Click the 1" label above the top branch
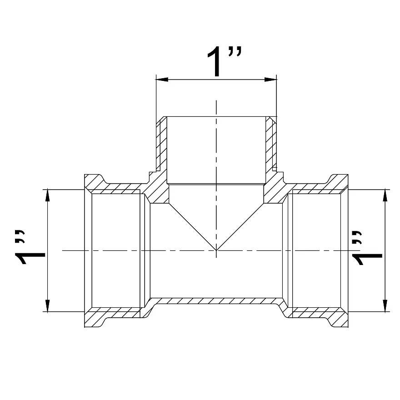click(224, 61)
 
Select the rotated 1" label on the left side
click(30, 247)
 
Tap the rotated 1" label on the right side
click(367, 248)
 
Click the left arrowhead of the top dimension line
click(162, 80)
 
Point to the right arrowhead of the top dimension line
click(270, 80)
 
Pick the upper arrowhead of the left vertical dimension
click(47, 196)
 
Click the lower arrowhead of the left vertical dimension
click(47, 305)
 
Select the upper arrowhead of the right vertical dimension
click(385, 196)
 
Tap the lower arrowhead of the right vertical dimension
click(385, 305)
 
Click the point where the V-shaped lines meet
click(216, 250)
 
